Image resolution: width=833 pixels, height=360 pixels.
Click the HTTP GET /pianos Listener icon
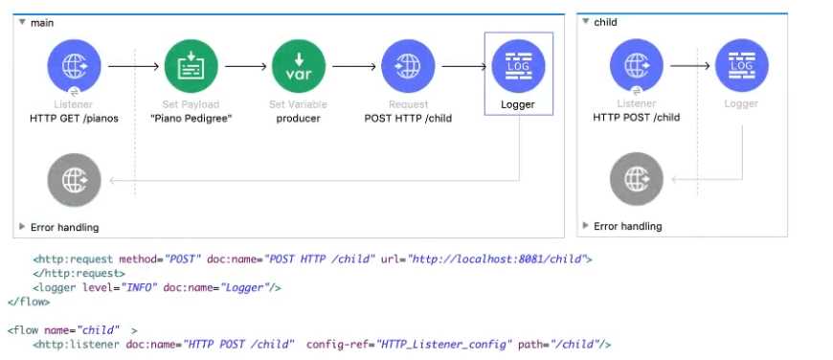(x=74, y=66)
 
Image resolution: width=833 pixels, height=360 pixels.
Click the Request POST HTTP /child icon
(x=408, y=66)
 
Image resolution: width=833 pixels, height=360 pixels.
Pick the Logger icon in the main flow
(x=518, y=66)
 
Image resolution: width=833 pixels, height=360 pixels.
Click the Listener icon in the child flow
(x=636, y=66)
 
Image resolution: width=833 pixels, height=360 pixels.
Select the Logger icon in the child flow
(x=740, y=66)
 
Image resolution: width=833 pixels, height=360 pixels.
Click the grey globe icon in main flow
(x=74, y=178)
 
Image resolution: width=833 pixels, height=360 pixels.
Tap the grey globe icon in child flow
(x=636, y=178)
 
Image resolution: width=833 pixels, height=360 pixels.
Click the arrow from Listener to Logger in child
(x=689, y=66)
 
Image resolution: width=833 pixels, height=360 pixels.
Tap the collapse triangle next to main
(x=22, y=21)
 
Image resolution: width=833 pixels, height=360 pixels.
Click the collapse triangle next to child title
(x=586, y=21)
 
